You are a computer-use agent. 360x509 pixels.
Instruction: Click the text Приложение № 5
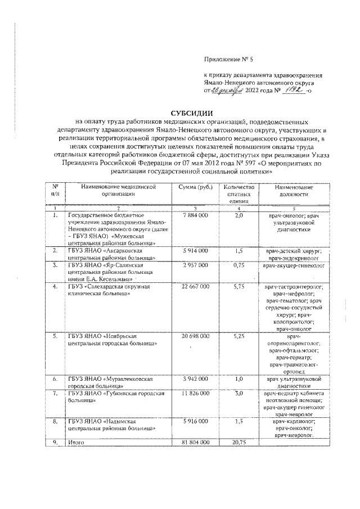pos(228,59)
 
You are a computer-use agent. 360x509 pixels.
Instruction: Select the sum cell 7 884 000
pos(195,215)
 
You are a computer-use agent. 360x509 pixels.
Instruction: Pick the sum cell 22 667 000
pos(195,287)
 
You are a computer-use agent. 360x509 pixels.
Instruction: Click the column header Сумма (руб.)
pos(195,187)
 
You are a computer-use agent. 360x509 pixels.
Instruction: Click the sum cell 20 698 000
pos(195,336)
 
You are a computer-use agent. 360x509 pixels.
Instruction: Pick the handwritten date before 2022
pos(228,90)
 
